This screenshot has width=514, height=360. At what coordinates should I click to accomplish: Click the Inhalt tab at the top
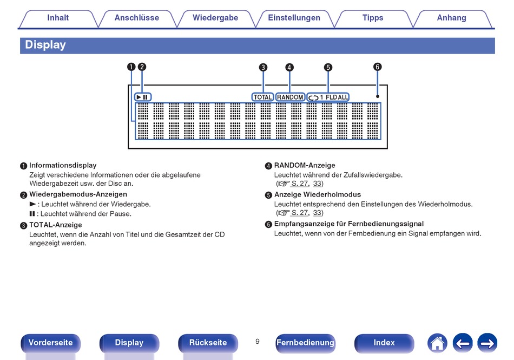click(58, 18)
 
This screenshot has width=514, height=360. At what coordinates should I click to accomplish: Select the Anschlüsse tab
click(137, 18)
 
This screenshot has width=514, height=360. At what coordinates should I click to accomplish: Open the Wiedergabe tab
click(215, 18)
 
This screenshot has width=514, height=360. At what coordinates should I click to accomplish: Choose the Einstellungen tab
click(294, 18)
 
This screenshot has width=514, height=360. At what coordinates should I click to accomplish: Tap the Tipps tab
click(373, 18)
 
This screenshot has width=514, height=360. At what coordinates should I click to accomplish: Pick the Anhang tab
click(452, 18)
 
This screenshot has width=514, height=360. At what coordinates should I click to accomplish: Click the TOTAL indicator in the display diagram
click(263, 97)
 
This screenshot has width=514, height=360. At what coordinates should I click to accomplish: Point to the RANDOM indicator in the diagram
click(290, 97)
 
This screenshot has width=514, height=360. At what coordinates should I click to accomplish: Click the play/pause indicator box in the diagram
click(143, 97)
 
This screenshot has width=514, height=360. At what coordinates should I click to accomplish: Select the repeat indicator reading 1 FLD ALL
click(328, 97)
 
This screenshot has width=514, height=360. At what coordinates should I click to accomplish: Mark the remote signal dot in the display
click(378, 96)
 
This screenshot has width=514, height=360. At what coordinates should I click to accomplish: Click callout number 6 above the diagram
click(378, 67)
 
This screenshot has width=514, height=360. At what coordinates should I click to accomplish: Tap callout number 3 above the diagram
click(263, 67)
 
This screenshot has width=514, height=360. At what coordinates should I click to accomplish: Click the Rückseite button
click(208, 343)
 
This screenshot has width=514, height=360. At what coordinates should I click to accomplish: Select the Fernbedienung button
click(305, 343)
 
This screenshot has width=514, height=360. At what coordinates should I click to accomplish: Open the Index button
click(384, 343)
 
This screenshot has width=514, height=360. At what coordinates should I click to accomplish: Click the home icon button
click(437, 343)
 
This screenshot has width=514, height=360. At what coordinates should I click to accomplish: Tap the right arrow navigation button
click(487, 343)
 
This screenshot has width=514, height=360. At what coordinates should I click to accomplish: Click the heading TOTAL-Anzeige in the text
click(56, 225)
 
